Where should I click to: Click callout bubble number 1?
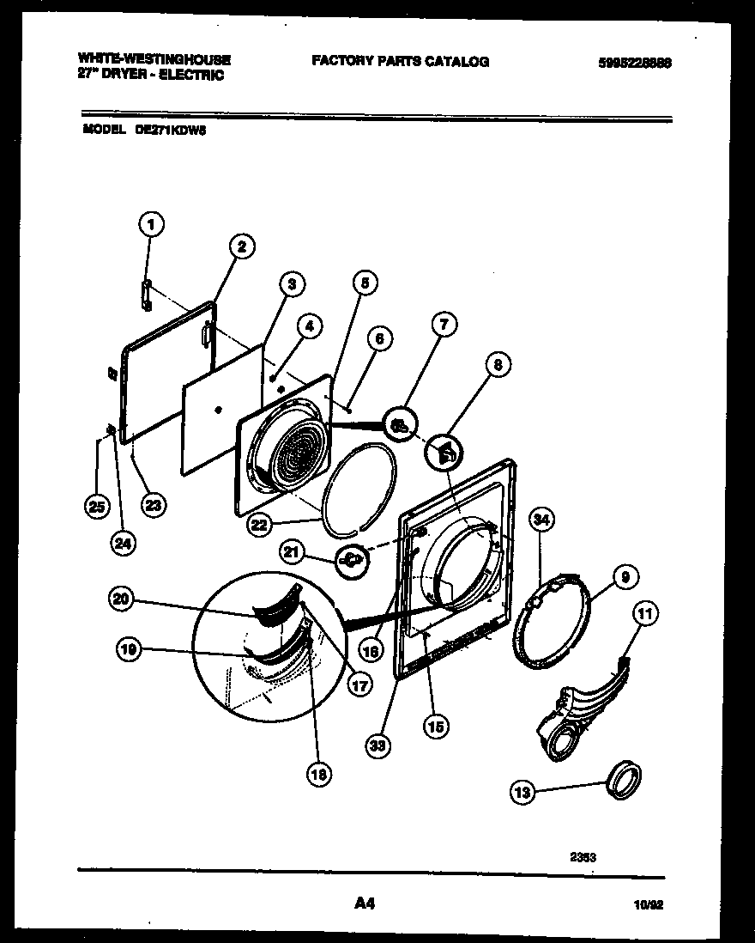click(x=150, y=226)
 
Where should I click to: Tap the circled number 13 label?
click(x=522, y=792)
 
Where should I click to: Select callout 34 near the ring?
click(x=541, y=519)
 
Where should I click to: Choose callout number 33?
click(x=376, y=746)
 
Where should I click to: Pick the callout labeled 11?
click(x=644, y=613)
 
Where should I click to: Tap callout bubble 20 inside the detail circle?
click(x=122, y=600)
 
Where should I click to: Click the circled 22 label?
click(x=260, y=525)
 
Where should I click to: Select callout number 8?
click(x=496, y=365)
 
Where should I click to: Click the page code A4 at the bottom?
click(x=365, y=903)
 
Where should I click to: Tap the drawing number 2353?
click(x=583, y=855)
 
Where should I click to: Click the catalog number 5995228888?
click(x=636, y=62)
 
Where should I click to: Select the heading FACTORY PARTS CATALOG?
click(x=400, y=61)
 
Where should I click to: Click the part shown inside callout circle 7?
click(x=398, y=423)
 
